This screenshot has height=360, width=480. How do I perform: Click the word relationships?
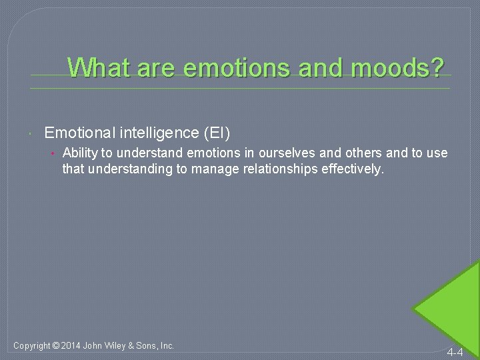(275, 169)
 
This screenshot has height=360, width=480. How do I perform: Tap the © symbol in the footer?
(58, 345)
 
